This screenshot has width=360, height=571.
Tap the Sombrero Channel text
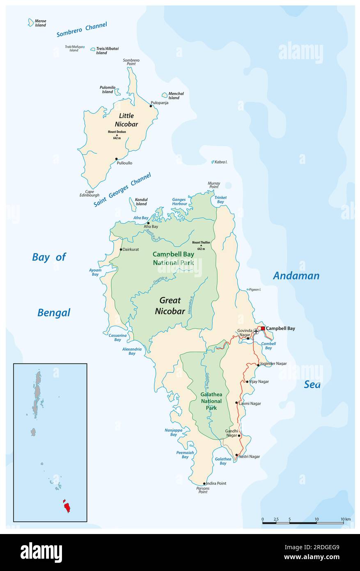82,30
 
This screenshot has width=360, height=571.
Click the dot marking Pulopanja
151,106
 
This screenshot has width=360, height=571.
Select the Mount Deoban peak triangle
117,135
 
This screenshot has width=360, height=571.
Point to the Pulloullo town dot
117,159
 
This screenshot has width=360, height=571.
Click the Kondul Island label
141,202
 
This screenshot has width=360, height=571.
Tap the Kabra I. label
220,162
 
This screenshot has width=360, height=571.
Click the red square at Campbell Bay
263,328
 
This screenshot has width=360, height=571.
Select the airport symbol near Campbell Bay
257,330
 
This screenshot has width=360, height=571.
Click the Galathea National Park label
211,401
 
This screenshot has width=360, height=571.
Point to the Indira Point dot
204,484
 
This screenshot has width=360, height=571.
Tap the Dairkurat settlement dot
121,249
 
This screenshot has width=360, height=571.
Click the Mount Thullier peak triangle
201,246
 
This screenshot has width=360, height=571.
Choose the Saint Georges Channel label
122,190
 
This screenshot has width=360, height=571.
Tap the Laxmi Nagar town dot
236,403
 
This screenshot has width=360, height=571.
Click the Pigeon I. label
255,290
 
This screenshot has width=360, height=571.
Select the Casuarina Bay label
115,337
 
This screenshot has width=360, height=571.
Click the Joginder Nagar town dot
258,364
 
